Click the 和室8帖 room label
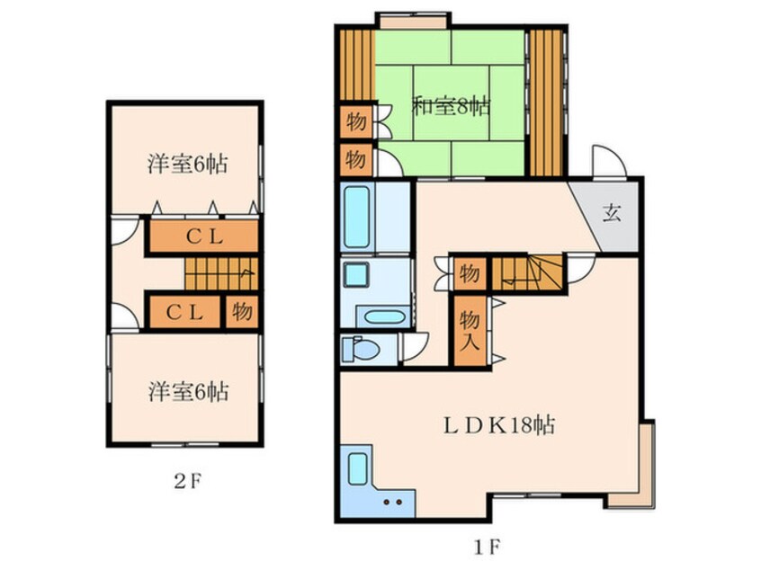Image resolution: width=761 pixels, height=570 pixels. point(451,106)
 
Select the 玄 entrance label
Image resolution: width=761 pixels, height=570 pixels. point(612,214)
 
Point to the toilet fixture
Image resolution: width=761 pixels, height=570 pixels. point(363,348)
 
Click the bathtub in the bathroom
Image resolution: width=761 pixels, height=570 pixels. point(356,217)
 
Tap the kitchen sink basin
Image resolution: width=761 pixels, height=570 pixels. point(357,468)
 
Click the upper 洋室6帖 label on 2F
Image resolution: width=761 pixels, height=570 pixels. point(187,164)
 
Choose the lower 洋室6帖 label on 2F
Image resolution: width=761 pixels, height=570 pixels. point(187,392)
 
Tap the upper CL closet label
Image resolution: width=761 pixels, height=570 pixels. point(204,237)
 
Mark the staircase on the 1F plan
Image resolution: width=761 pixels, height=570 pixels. point(528,271)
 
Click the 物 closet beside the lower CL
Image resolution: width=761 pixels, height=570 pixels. point(240,312)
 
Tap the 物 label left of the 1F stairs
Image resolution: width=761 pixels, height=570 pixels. point(468,272)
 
